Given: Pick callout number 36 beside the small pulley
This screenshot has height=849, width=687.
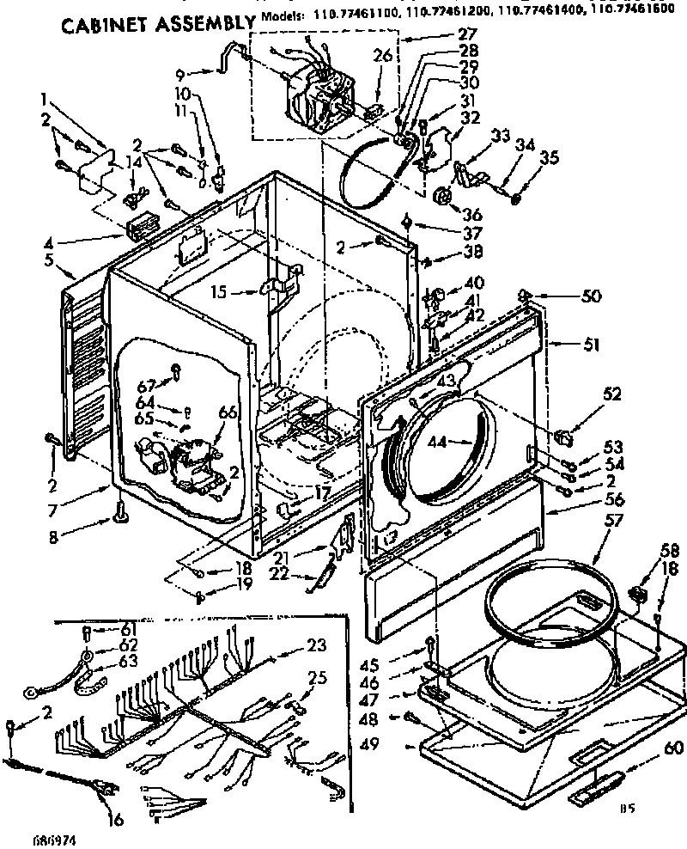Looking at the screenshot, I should coord(471,215).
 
